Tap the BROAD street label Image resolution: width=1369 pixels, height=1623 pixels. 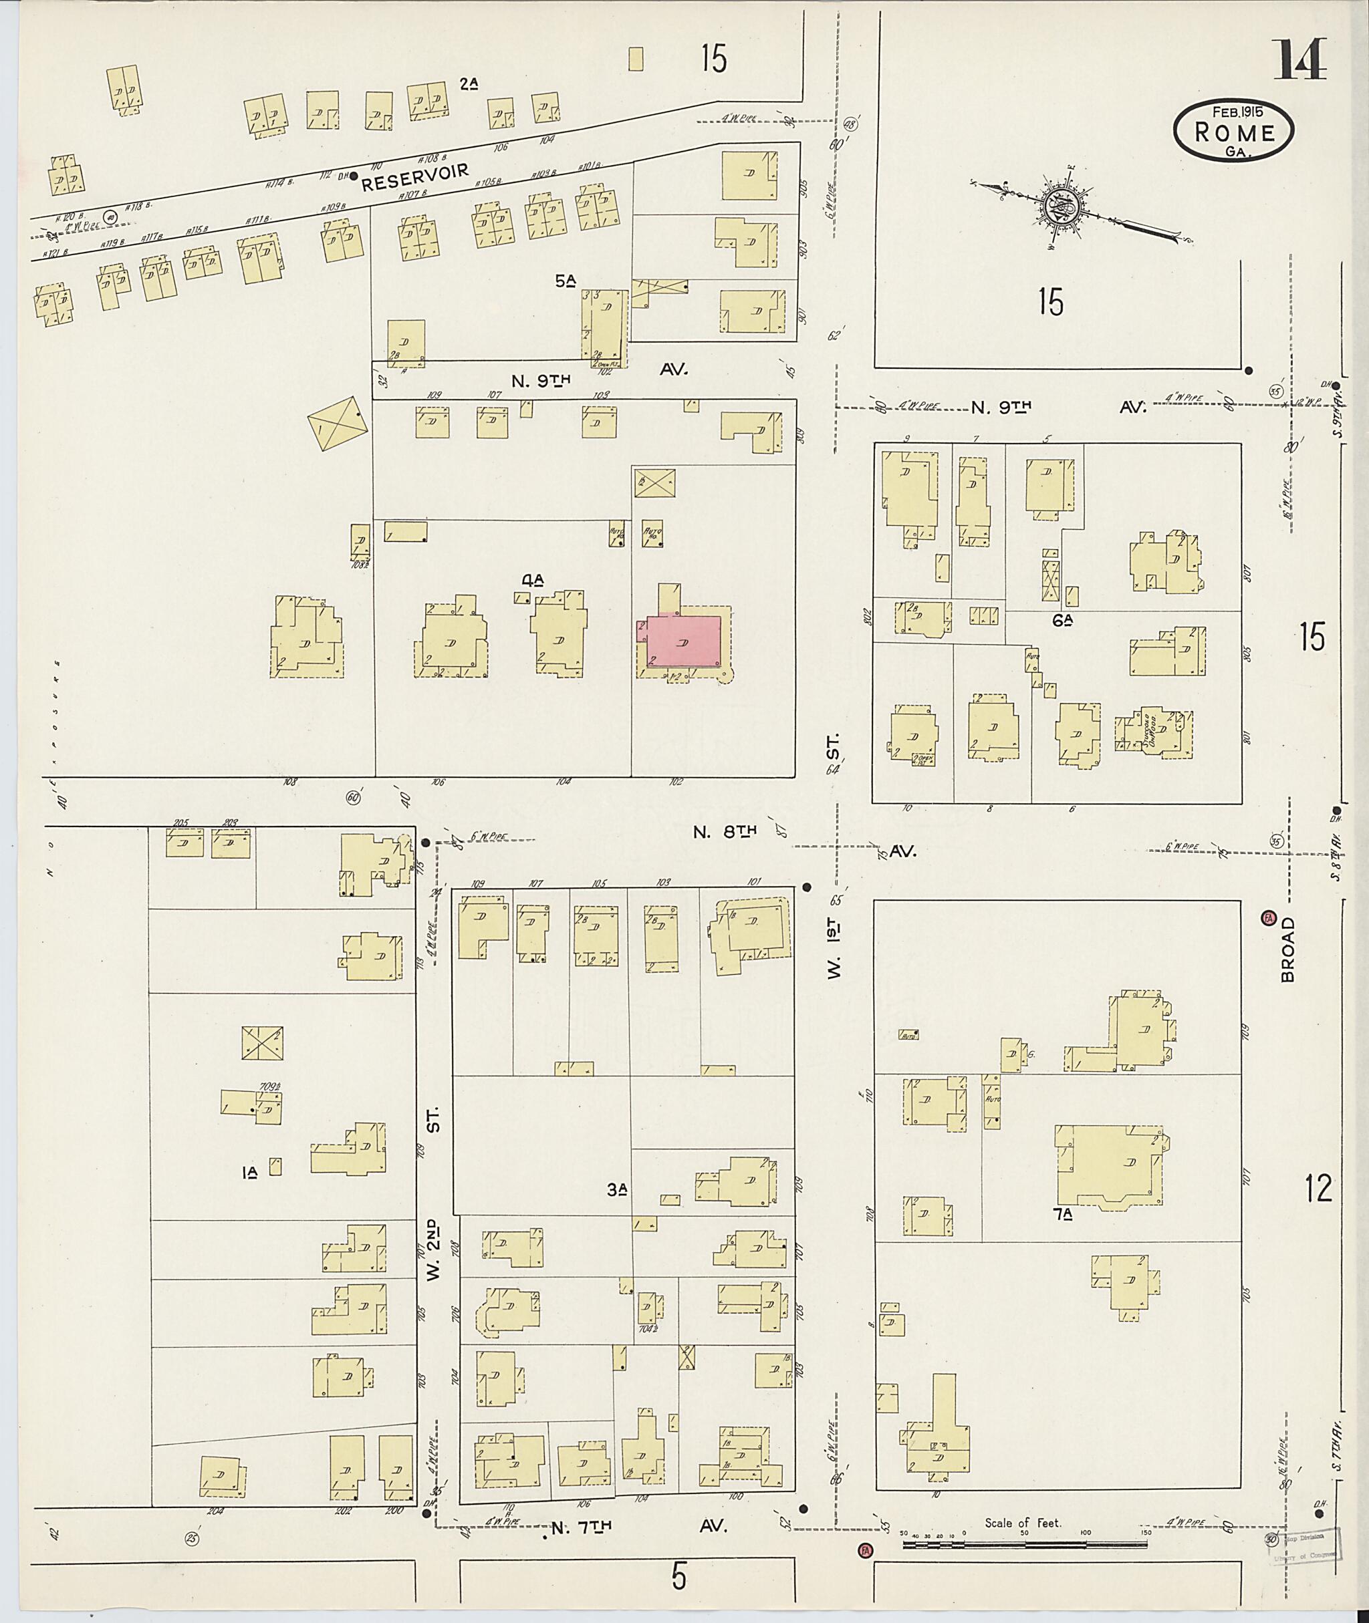click(x=1288, y=949)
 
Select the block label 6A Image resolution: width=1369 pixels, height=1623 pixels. click(x=1062, y=619)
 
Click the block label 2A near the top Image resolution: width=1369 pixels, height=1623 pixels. click(x=467, y=84)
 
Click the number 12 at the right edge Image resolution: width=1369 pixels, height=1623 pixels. click(x=1318, y=1189)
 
